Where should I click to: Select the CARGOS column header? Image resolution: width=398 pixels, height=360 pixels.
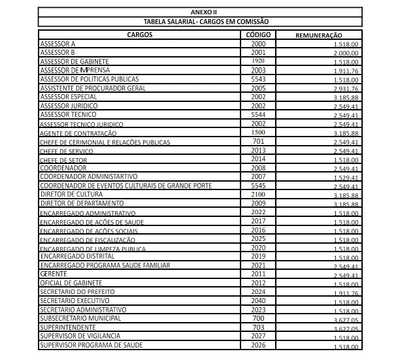pyautogui.click(x=141, y=34)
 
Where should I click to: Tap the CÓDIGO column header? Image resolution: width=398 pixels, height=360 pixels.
pyautogui.click(x=258, y=34)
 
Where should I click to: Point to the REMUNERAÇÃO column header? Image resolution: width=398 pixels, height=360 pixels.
pyautogui.click(x=319, y=35)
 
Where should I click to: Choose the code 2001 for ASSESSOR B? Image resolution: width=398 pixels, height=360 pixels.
pyautogui.click(x=258, y=52)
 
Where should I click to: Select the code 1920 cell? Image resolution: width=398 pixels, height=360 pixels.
pyautogui.click(x=258, y=61)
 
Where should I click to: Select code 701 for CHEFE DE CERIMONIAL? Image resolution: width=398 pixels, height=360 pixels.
pyautogui.click(x=258, y=141)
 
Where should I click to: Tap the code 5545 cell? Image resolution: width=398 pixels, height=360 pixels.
pyautogui.click(x=258, y=186)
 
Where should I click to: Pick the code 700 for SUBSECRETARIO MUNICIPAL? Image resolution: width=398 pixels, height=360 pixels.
pyautogui.click(x=258, y=318)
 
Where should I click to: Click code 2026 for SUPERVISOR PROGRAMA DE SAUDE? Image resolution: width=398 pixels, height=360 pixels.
pyautogui.click(x=258, y=345)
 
